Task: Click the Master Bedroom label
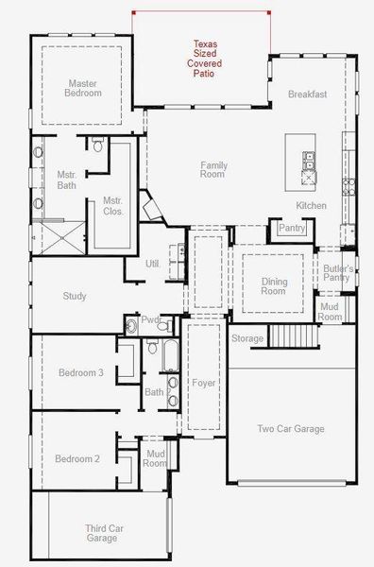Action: [83, 88]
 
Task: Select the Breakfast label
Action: [307, 94]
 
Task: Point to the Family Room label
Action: [212, 170]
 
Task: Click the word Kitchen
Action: [311, 206]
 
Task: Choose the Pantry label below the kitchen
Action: [291, 228]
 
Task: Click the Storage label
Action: [247, 338]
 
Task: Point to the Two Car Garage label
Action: [291, 429]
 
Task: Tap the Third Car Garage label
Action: [101, 533]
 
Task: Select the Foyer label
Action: [204, 384]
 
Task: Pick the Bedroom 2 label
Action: [77, 459]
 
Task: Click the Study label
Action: [75, 296]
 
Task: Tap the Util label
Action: [152, 264]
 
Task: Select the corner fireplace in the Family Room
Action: [150, 206]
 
